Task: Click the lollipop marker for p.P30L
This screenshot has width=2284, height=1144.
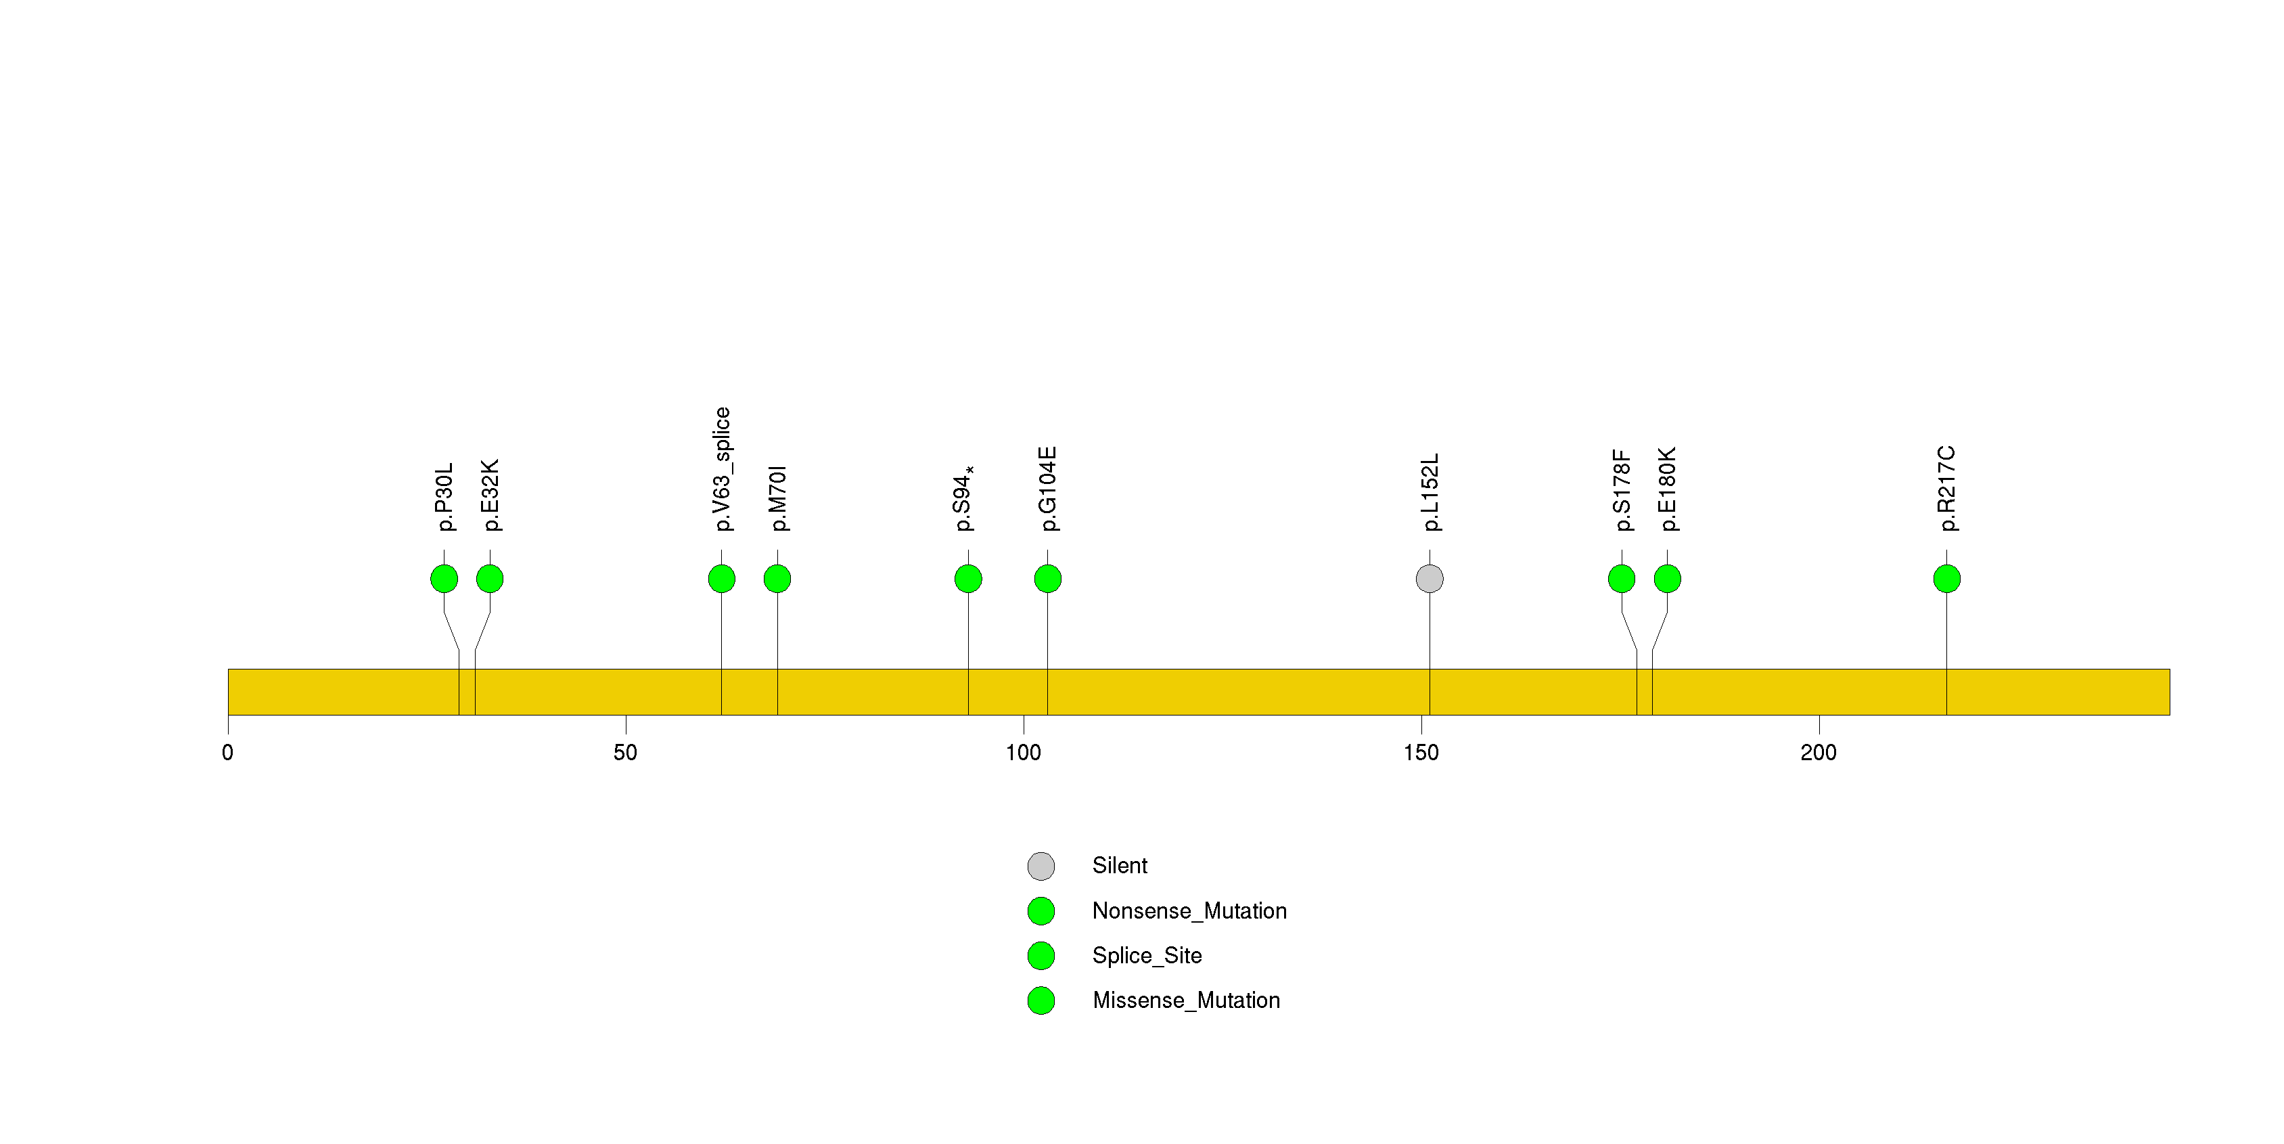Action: [x=444, y=579]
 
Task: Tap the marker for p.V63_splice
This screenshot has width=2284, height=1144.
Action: [x=722, y=579]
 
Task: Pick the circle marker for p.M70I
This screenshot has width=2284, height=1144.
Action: [x=777, y=579]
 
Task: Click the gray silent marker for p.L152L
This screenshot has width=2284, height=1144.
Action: [x=1430, y=579]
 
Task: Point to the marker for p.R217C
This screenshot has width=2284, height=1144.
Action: [x=1947, y=579]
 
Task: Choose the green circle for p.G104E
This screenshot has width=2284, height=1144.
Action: [x=1048, y=579]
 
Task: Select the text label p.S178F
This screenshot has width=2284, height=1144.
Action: [x=1622, y=490]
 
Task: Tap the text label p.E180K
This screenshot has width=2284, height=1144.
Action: [x=1668, y=489]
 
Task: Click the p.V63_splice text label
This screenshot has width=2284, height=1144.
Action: [x=723, y=469]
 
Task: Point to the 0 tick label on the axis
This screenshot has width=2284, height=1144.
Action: [x=228, y=753]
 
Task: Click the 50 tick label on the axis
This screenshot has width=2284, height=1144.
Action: [x=625, y=753]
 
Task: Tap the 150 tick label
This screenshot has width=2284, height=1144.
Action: [x=1421, y=753]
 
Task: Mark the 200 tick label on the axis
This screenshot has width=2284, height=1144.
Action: [x=1819, y=753]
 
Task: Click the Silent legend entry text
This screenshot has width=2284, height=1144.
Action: [x=1120, y=866]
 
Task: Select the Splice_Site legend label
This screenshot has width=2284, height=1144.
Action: [x=1147, y=955]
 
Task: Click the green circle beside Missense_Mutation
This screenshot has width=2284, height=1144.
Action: [x=1041, y=1000]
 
